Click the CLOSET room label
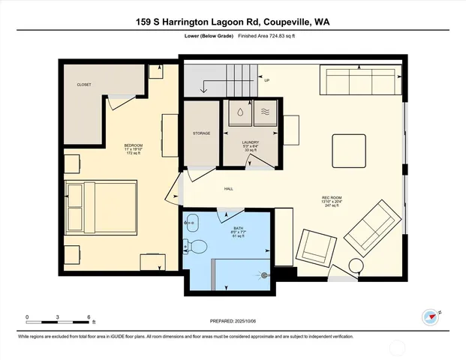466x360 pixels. (x=84, y=85)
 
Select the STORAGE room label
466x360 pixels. (x=201, y=133)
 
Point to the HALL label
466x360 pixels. (x=227, y=188)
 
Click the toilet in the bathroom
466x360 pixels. (x=196, y=246)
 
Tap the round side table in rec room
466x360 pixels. (x=354, y=265)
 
